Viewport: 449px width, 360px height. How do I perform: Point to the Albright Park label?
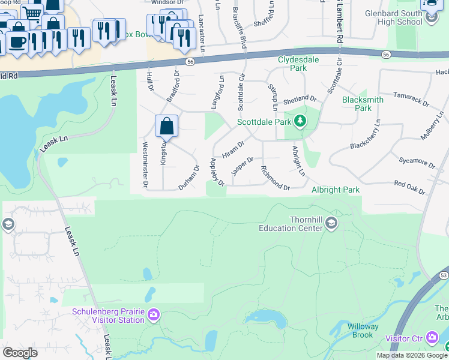point(336,190)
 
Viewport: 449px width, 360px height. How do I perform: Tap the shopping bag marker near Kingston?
point(167,127)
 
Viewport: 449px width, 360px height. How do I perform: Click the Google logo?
point(20,353)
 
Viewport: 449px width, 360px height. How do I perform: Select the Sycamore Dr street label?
point(416,162)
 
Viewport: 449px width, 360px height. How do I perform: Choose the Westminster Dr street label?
point(145,163)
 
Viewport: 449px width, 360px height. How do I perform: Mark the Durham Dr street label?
point(188,178)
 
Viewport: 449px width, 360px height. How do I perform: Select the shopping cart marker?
point(32,13)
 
